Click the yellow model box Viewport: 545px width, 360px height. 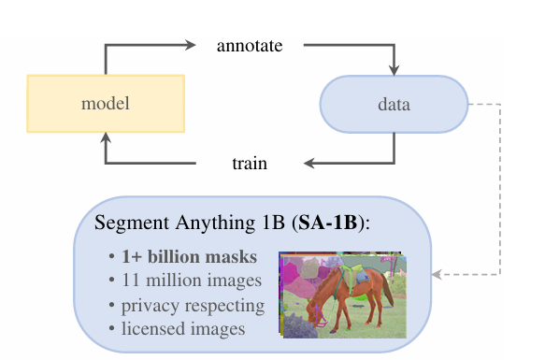point(106,103)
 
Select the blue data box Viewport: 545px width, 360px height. point(393,103)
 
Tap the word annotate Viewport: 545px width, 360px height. point(249,45)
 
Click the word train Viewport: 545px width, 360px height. point(250,164)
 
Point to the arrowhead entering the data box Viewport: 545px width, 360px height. point(394,70)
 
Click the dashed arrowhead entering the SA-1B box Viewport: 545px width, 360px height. point(437,275)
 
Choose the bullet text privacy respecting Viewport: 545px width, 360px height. point(186,305)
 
